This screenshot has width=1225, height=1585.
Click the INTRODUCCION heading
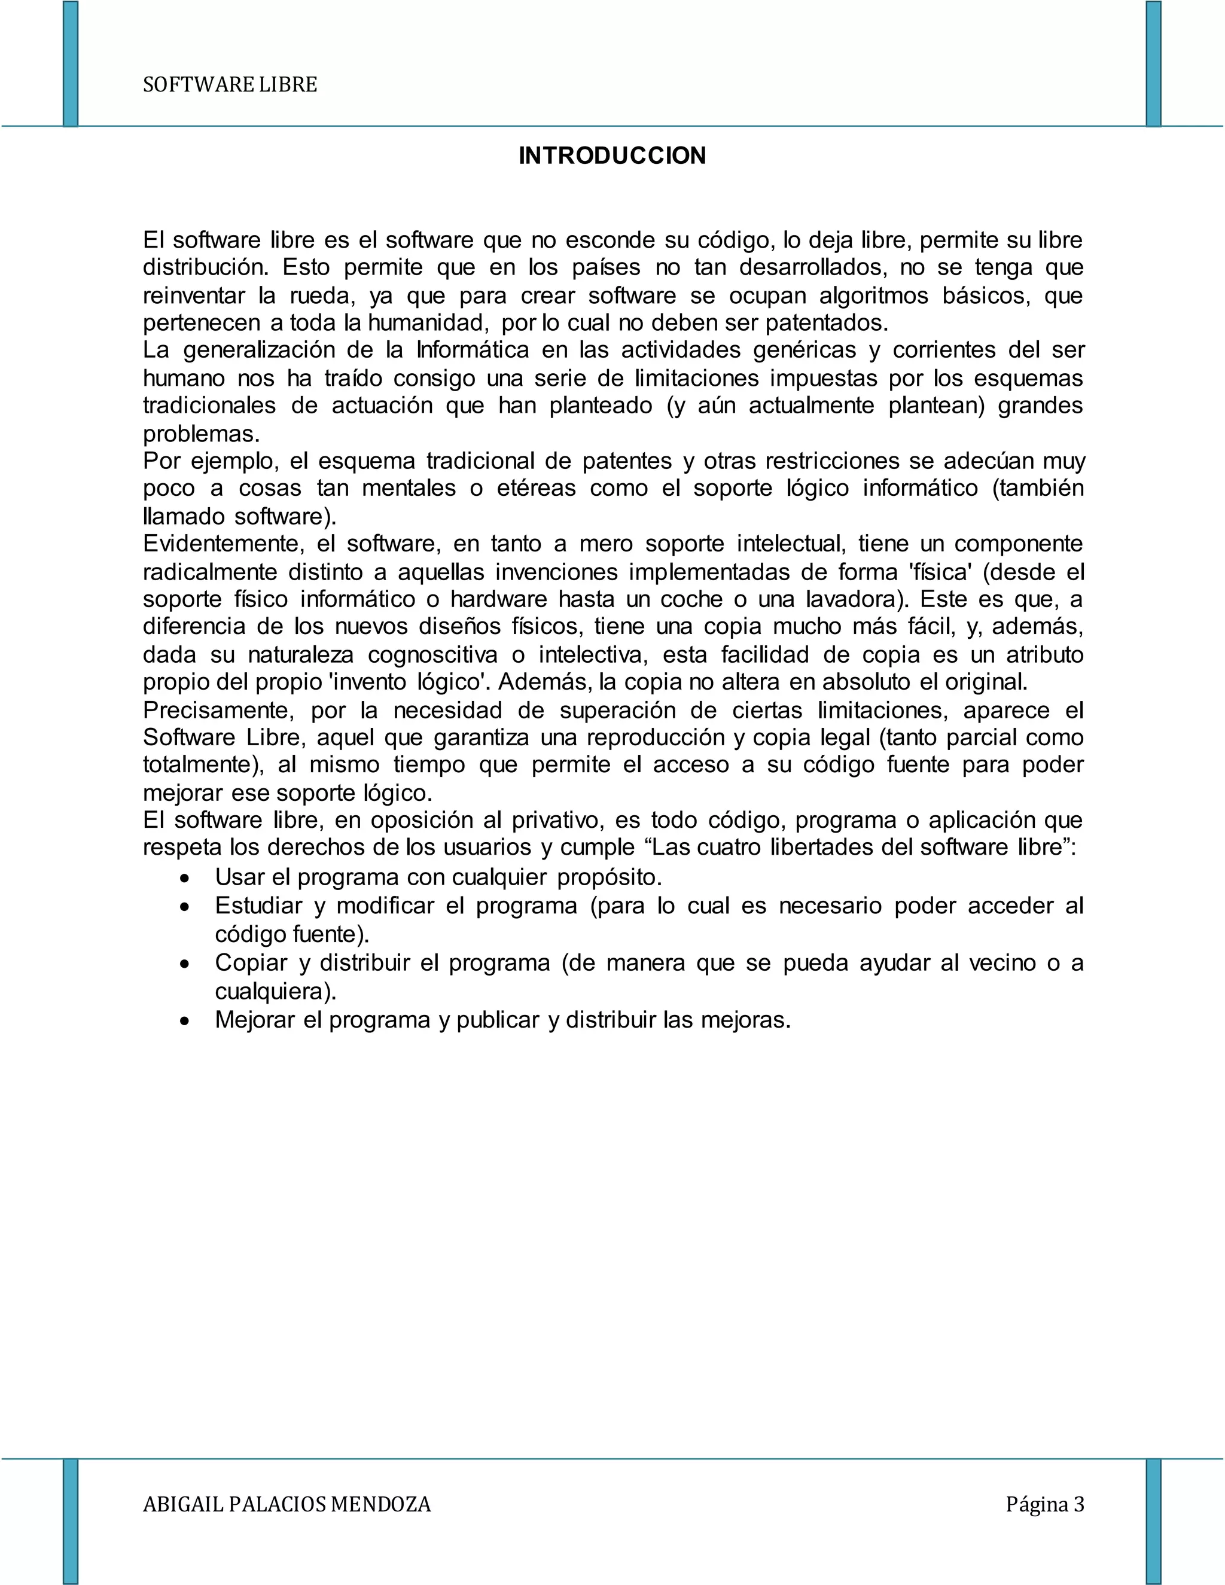(612, 156)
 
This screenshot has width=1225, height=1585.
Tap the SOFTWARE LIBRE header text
(230, 85)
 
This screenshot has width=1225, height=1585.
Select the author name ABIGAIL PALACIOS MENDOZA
(287, 1504)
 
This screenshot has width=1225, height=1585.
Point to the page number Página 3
(1044, 1504)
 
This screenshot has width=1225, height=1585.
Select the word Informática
(473, 350)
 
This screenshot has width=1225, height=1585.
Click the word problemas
(200, 434)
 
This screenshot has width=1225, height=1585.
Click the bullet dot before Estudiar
(187, 908)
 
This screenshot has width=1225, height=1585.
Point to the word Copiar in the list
(251, 963)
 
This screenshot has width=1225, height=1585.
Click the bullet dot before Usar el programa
(187, 879)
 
